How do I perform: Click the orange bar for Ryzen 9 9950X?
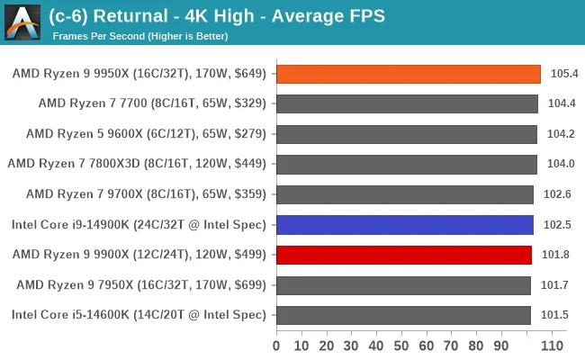(408, 74)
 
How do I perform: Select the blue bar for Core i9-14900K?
(404, 224)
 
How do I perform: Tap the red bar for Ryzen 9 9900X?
(403, 255)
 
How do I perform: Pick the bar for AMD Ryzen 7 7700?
(407, 103)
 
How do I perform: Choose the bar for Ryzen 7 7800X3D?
(406, 164)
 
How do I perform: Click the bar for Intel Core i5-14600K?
(403, 315)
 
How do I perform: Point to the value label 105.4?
(563, 74)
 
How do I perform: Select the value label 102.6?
(558, 194)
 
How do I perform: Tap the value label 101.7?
(556, 285)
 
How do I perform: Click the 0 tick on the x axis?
(276, 346)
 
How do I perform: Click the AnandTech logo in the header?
(22, 22)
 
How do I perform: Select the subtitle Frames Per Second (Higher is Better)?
(140, 37)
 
